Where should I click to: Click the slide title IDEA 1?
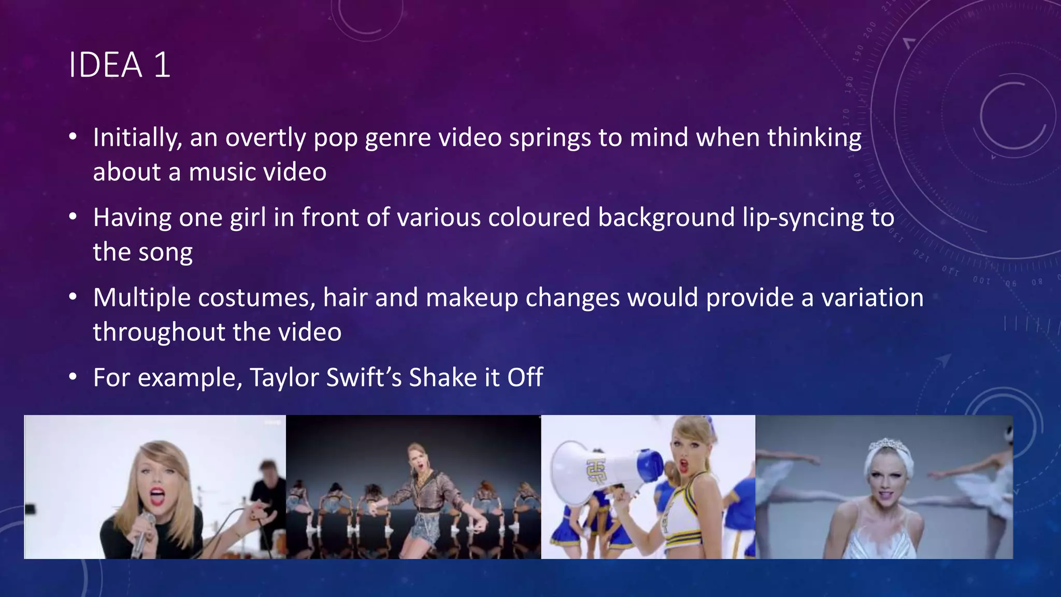pos(119,65)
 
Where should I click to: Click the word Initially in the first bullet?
pos(137,138)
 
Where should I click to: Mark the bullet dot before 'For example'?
pos(73,377)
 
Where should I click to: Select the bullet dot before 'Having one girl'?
pos(73,217)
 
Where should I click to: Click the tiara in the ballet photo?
pos(885,445)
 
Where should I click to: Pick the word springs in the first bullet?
pos(550,138)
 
